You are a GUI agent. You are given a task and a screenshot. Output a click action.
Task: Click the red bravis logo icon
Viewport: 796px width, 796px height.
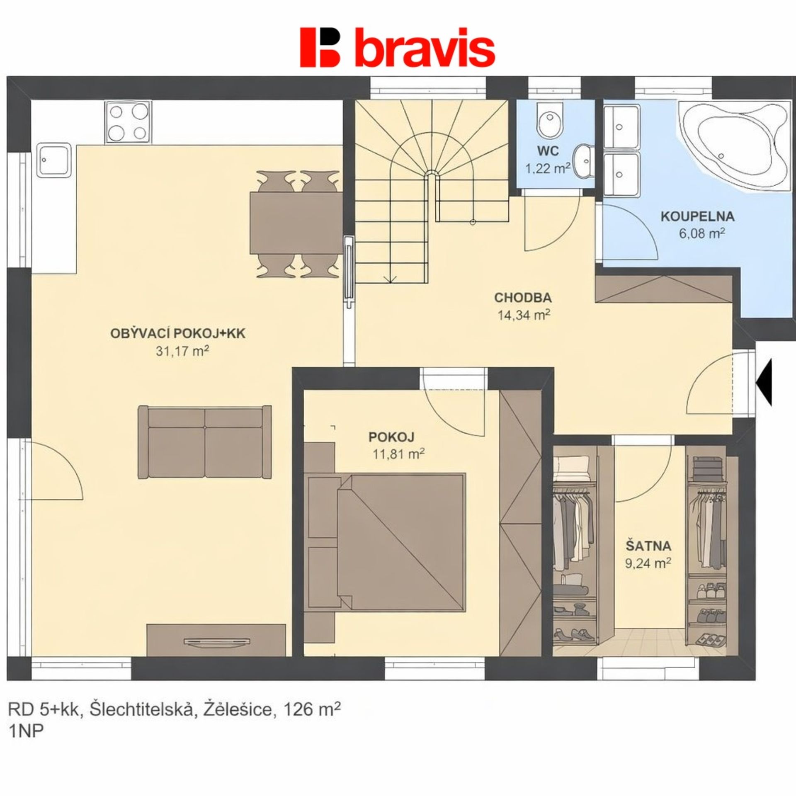pos(320,47)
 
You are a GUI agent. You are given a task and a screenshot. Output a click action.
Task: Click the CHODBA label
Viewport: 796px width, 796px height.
pos(523,297)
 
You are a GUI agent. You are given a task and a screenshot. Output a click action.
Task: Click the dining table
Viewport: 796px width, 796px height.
pos(296,223)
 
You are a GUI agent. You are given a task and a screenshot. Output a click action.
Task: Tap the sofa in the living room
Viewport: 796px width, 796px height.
pos(205,442)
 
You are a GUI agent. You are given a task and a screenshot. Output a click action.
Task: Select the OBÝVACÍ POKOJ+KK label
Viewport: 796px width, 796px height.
pos(178,334)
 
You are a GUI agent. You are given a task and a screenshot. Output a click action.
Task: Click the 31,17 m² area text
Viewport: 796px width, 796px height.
pos(182,352)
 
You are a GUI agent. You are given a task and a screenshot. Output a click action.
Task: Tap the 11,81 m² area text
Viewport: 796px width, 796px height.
pos(398,455)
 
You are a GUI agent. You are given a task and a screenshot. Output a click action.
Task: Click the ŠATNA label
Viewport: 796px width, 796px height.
pos(648,546)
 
